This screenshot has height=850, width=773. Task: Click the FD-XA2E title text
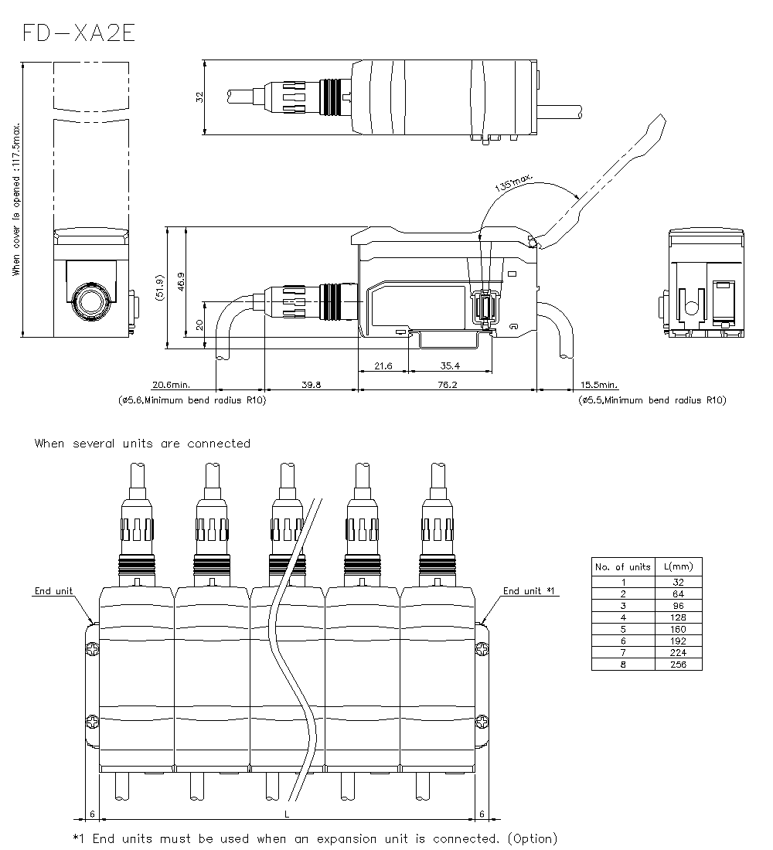[79, 35]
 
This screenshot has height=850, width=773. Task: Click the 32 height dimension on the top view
[199, 97]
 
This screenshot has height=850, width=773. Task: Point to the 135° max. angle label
[512, 183]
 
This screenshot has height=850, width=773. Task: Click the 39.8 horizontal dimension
[312, 384]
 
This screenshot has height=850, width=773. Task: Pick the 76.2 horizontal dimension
[448, 384]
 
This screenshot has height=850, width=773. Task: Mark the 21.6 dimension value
[383, 365]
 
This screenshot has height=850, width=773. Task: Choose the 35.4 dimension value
[450, 365]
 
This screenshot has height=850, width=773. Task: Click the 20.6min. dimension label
[171, 384]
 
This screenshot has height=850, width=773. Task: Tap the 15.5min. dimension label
[599, 384]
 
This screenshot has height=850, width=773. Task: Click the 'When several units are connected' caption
[142, 444]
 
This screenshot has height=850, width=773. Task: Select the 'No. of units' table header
[623, 566]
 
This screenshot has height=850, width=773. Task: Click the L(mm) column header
[679, 566]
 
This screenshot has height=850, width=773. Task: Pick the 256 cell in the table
[679, 665]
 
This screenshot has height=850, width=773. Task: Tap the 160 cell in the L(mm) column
[679, 629]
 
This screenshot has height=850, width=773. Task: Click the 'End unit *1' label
[530, 591]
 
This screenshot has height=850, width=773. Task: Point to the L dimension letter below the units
[287, 814]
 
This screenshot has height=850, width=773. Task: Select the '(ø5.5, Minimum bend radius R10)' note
[652, 400]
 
